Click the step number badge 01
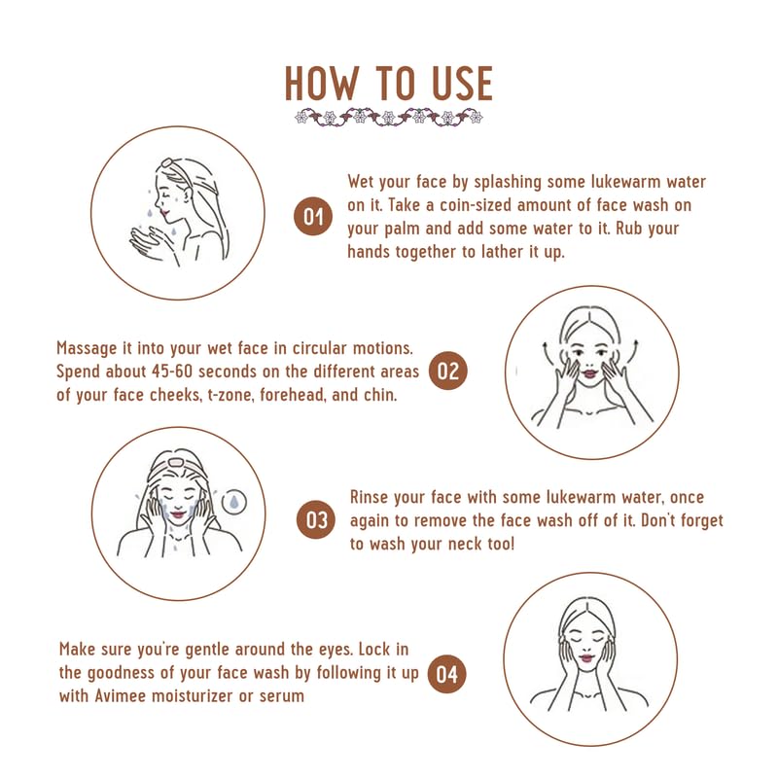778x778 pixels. click(x=313, y=216)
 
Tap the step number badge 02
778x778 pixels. click(x=448, y=371)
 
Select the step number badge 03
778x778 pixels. click(x=317, y=520)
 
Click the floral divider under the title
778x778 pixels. click(x=389, y=118)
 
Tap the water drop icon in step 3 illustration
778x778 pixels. click(x=232, y=501)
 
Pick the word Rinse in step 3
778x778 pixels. click(x=371, y=498)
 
